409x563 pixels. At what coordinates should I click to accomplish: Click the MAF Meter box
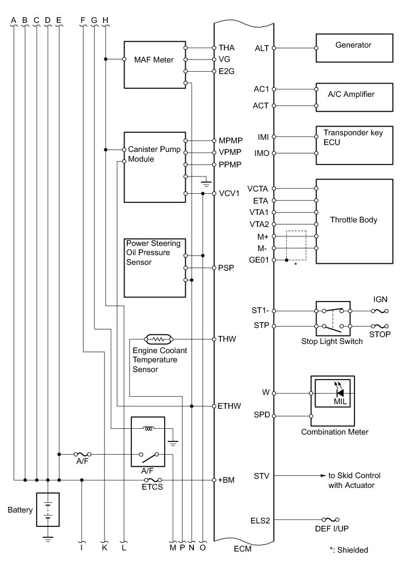pyautogui.click(x=154, y=64)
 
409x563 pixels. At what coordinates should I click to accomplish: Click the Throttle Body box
pyautogui.click(x=353, y=221)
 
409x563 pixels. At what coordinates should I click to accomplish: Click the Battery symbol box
pyautogui.click(x=49, y=509)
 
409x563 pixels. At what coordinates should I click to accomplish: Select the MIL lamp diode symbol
pyautogui.click(x=340, y=393)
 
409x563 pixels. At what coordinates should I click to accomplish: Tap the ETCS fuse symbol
pyautogui.click(x=153, y=479)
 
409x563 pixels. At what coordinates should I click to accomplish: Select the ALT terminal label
pyautogui.click(x=261, y=48)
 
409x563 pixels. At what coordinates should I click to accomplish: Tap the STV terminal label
pyautogui.click(x=261, y=476)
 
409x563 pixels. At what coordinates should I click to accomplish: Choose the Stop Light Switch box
pyautogui.click(x=333, y=318)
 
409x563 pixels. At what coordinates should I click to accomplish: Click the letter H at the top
pyautogui.click(x=105, y=19)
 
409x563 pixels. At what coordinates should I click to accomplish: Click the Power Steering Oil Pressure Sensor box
pyautogui.click(x=155, y=267)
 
